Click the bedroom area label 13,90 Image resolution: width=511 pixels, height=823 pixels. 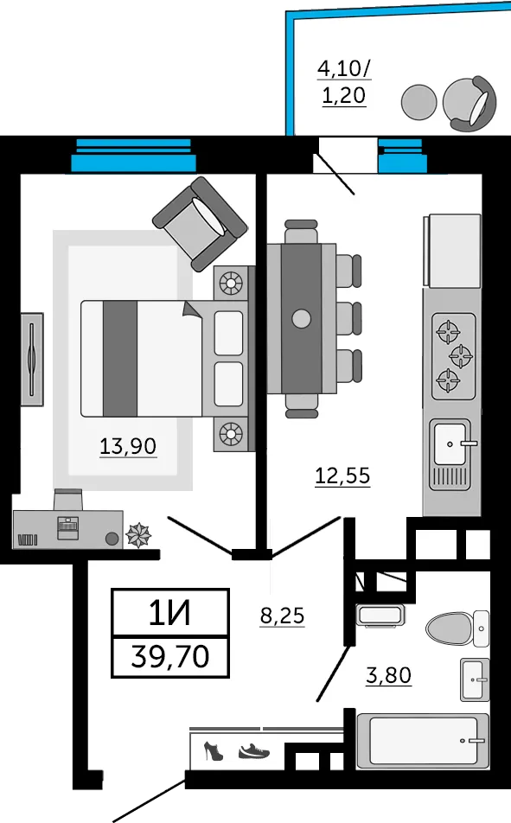tap(128, 446)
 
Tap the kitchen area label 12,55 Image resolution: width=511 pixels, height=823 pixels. tap(342, 476)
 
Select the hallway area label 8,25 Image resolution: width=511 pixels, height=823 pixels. tap(283, 616)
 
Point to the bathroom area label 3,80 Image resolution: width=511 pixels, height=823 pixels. tap(388, 675)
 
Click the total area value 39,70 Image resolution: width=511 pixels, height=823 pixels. tap(170, 656)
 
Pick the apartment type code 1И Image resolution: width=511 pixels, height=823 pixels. tap(170, 614)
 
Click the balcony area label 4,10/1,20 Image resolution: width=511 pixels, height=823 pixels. tap(344, 82)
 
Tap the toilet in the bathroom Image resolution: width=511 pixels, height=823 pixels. tap(457, 628)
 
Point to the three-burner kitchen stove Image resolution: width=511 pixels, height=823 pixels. tap(454, 356)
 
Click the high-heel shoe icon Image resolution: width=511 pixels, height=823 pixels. tap(213, 750)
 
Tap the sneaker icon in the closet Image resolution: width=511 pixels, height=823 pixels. tap(253, 751)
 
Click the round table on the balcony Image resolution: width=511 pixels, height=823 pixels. tap(418, 102)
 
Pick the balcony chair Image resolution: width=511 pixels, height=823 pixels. tap(469, 104)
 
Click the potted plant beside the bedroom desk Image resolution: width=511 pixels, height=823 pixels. tap(138, 534)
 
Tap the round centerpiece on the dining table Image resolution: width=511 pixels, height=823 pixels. tap(301, 318)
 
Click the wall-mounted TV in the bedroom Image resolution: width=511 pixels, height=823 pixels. tap(32, 360)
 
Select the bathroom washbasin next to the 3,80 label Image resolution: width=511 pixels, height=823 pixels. tap(476, 679)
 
